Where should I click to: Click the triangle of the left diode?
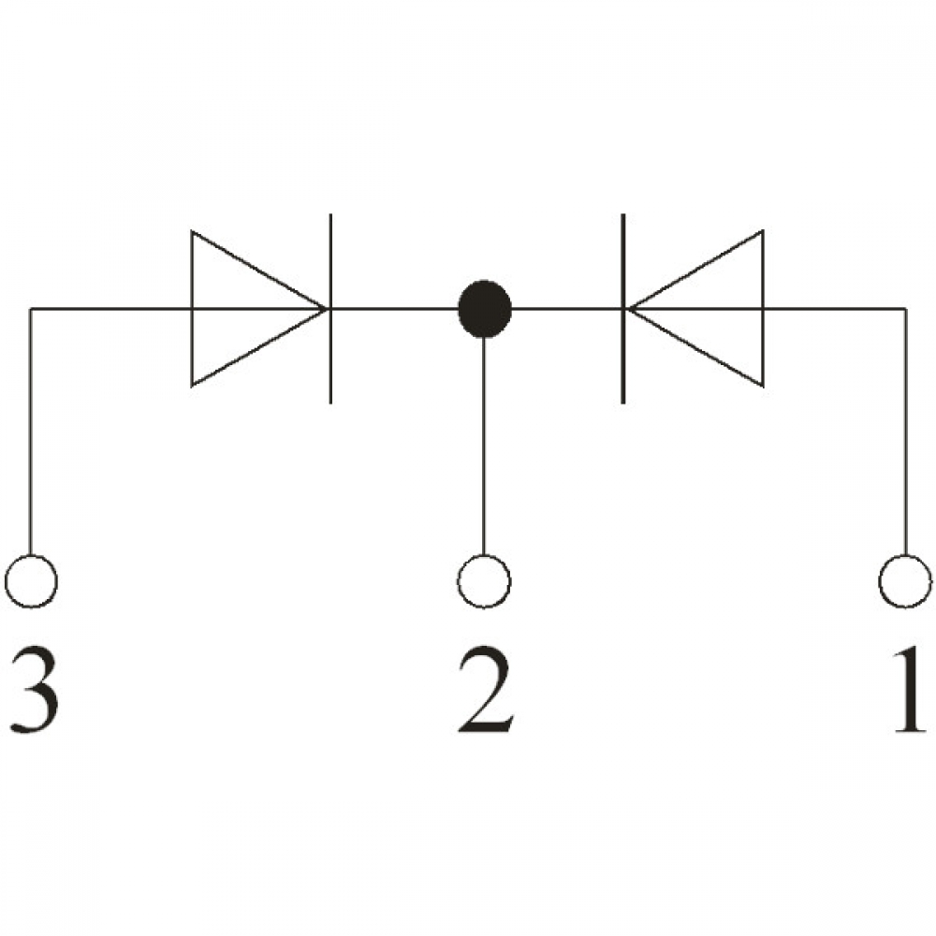(192, 309)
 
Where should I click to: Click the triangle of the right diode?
(762, 309)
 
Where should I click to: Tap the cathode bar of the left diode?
(330, 309)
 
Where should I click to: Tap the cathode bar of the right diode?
(622, 309)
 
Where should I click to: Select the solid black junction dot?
(484, 309)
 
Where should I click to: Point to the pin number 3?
(35, 690)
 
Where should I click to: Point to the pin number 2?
(484, 690)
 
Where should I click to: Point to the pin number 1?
(910, 690)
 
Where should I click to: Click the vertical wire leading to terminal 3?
(31, 431)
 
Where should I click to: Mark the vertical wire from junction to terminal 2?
(484, 446)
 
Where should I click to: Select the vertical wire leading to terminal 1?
(905, 431)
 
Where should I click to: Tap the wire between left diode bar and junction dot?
(395, 309)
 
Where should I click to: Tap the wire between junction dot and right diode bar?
(566, 309)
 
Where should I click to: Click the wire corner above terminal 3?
(31, 309)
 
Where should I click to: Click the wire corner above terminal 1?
(905, 309)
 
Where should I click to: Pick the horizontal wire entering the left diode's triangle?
(111, 309)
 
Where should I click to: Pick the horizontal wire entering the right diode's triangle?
(835, 309)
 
